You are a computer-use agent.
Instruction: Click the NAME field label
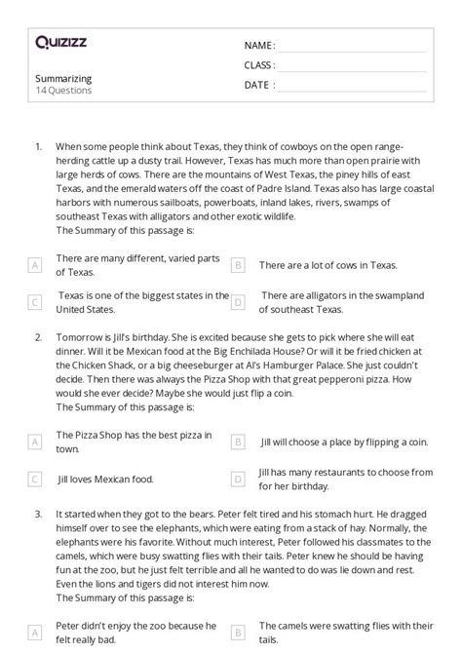point(258,46)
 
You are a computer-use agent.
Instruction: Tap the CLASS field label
point(259,65)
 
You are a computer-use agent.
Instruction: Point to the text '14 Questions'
point(63,91)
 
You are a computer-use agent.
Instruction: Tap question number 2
point(38,337)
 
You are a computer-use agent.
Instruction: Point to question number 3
point(38,511)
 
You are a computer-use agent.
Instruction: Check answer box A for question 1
point(35,265)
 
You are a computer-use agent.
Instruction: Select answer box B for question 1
point(237,265)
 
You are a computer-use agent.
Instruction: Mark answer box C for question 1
point(35,302)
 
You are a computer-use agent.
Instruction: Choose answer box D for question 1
point(237,302)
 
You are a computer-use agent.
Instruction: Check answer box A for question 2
point(35,442)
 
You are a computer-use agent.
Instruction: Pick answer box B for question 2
point(237,442)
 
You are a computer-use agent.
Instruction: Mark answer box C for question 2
point(35,480)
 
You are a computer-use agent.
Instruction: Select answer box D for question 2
point(237,480)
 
